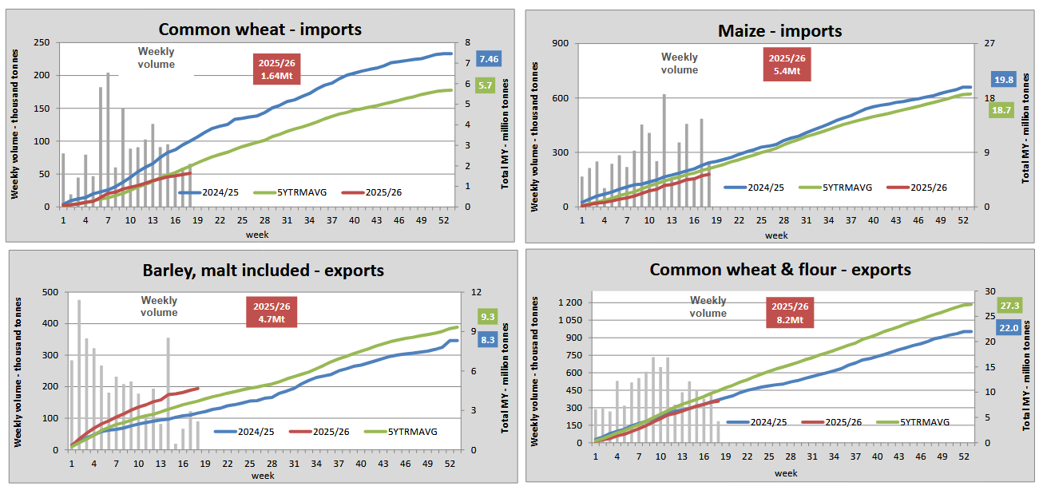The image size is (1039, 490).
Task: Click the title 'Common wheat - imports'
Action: (260, 30)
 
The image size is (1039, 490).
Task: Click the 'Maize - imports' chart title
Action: (775, 31)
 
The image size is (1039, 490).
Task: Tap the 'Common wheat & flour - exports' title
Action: (780, 269)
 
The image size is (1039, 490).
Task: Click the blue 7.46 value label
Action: (489, 59)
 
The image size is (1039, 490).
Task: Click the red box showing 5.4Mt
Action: (787, 65)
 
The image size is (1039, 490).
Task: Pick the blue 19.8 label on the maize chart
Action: (1004, 79)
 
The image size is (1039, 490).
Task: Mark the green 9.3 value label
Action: (488, 316)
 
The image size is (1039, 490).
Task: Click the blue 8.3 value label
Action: (488, 339)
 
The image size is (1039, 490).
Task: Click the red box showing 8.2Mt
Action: (790, 312)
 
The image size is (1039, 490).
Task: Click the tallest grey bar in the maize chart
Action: (664, 151)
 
